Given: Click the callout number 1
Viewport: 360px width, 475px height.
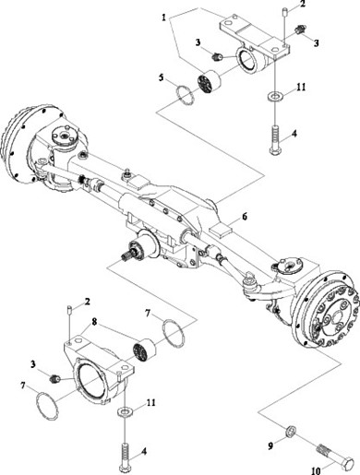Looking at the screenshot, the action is (x=164, y=18).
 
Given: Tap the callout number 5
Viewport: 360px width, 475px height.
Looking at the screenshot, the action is (x=162, y=77).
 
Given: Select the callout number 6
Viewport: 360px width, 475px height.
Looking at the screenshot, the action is (x=245, y=217).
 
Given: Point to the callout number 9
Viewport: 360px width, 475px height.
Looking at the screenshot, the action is (x=270, y=445).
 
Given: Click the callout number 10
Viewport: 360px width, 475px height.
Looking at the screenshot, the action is (x=316, y=470).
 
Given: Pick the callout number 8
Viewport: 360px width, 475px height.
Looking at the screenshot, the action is (x=94, y=322).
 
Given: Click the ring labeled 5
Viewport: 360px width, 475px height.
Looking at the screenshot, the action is (x=185, y=95).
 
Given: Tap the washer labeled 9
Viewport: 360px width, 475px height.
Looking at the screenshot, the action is (x=291, y=431).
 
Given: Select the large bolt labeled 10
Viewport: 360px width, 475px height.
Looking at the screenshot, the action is (x=335, y=461).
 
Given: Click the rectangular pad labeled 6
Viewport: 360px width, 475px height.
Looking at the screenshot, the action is (x=221, y=231).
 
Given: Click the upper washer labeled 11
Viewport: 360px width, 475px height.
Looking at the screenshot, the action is (x=273, y=96).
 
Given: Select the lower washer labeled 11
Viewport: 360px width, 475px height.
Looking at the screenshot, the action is (x=125, y=411).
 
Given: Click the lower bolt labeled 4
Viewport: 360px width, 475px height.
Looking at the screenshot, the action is (x=124, y=457).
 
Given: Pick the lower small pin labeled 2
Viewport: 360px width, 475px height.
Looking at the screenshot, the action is (x=69, y=309).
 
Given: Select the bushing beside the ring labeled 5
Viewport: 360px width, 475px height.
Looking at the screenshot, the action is (x=210, y=81).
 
